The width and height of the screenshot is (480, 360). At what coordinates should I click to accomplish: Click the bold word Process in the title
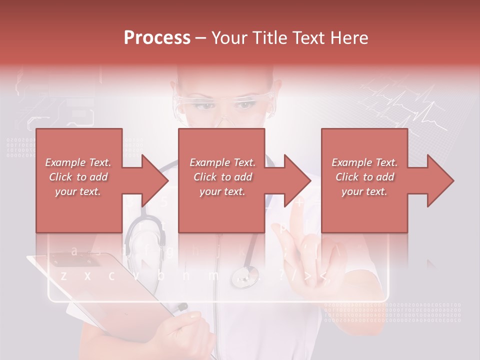tap(157, 37)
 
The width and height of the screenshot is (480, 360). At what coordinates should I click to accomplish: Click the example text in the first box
tap(78, 177)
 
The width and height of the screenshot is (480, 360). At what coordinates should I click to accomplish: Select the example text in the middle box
tap(222, 177)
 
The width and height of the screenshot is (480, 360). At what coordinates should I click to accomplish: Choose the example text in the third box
tap(364, 177)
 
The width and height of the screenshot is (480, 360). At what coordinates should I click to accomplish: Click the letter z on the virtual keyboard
tap(63, 275)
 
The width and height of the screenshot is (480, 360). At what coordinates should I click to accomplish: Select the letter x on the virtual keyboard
tap(87, 275)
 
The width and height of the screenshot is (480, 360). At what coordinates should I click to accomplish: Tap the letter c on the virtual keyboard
tap(111, 275)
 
